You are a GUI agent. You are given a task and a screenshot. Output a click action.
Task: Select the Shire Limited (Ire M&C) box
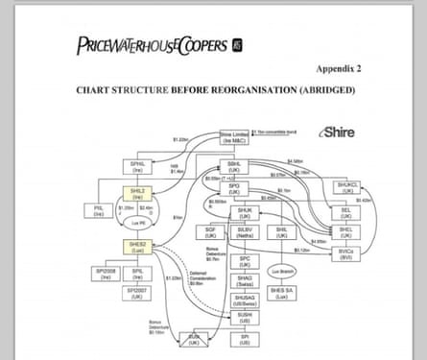tap(235, 137)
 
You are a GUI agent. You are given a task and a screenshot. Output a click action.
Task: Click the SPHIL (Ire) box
tap(137, 167)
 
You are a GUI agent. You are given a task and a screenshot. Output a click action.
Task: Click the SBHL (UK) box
tap(233, 166)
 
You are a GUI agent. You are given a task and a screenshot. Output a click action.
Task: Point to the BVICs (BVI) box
tap(346, 252)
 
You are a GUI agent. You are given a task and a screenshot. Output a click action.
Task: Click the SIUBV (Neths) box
tap(245, 232)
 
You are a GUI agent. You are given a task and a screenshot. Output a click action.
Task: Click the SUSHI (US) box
tap(245, 317)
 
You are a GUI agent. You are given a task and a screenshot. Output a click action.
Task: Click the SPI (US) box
tap(245, 339)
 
